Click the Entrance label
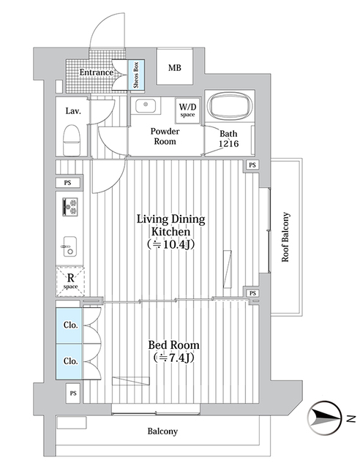click(x=96, y=72)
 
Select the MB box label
click(x=174, y=69)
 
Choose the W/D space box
click(x=187, y=110)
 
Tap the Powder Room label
click(x=165, y=136)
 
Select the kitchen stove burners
click(x=70, y=207)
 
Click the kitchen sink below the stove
click(x=70, y=244)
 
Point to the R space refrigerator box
click(x=70, y=281)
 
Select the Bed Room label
click(x=174, y=344)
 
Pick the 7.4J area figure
click(x=174, y=358)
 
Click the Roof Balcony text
click(x=286, y=237)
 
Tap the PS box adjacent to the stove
click(x=67, y=182)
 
